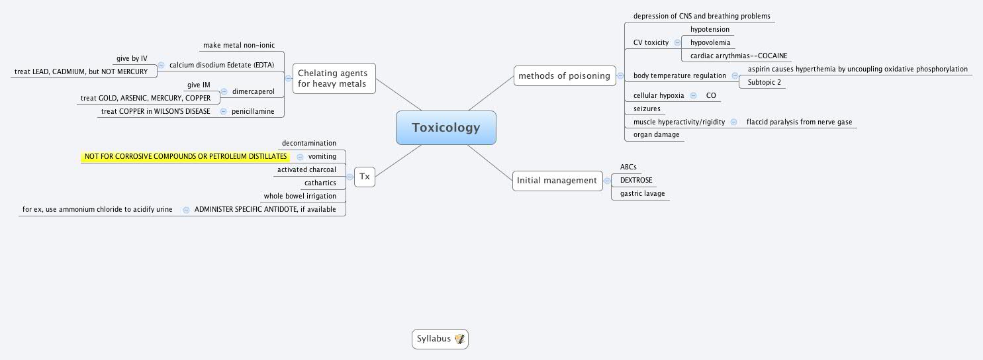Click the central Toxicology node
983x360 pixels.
coord(445,128)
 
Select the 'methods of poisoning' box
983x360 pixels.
coord(564,75)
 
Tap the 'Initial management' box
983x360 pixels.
coord(557,180)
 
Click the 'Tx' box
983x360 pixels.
coord(364,177)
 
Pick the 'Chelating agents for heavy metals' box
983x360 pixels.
coord(334,78)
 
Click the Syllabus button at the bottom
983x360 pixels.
coord(434,339)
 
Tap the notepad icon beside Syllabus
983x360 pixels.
coord(459,339)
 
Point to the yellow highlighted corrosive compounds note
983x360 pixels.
coord(186,157)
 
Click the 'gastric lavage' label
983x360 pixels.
coord(642,194)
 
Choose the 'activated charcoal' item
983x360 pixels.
coord(306,170)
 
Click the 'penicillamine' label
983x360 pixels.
coord(253,111)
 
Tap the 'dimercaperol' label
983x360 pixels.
coord(253,91)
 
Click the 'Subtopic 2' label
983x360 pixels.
coord(764,82)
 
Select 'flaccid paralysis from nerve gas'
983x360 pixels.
coord(799,122)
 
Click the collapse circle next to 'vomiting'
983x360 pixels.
coord(300,157)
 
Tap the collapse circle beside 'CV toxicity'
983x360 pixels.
coord(677,42)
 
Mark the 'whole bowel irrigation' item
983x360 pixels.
coord(300,196)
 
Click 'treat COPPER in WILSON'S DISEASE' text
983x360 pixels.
coord(156,111)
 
